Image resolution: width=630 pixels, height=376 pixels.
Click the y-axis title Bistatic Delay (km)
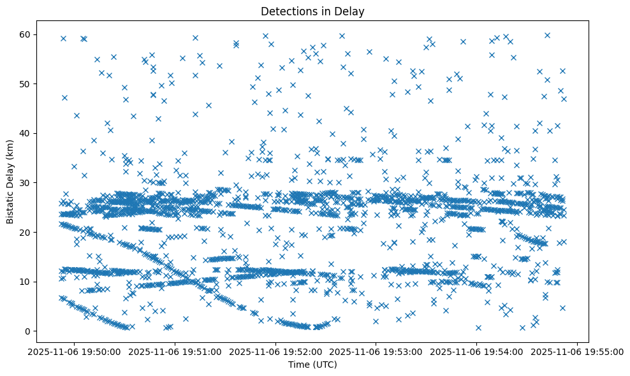pyautogui.click(x=10, y=183)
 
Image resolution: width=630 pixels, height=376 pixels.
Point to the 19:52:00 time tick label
pyautogui.click(x=277, y=351)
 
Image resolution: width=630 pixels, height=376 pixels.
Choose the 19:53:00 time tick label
pyautogui.click(x=376, y=351)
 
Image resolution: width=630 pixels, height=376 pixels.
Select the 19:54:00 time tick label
pyautogui.click(x=476, y=351)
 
